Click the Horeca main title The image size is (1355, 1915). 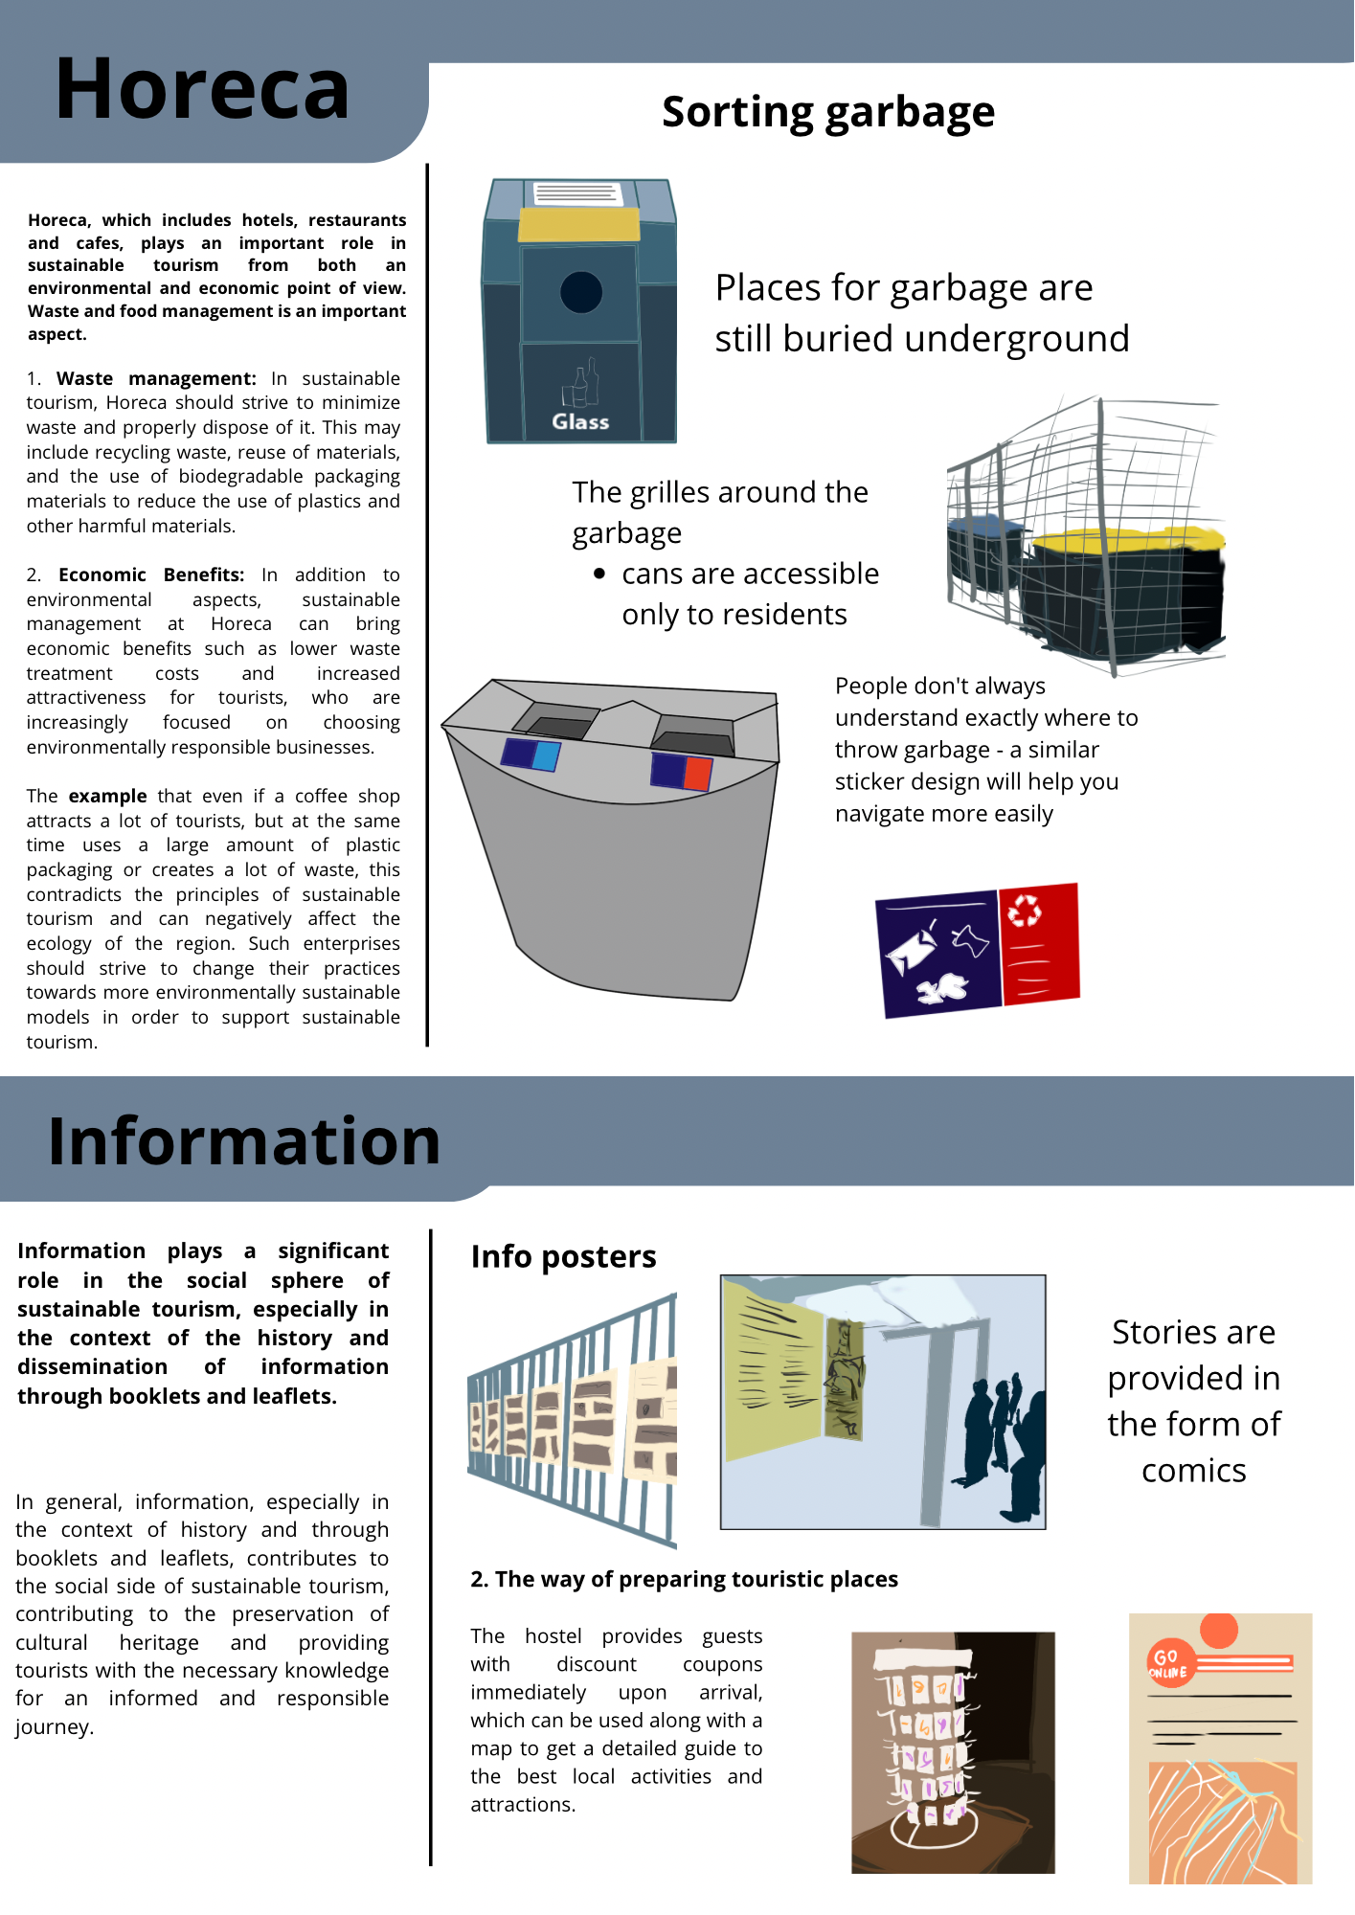click(202, 89)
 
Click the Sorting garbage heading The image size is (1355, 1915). click(828, 112)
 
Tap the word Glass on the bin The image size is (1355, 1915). click(580, 421)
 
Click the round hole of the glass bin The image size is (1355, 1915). click(580, 292)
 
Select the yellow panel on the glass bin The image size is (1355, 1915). click(578, 225)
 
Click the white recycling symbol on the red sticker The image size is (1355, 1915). click(1026, 910)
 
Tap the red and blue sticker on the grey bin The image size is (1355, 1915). click(682, 771)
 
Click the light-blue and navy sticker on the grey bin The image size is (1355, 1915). click(531, 755)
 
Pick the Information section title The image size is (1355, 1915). click(244, 1141)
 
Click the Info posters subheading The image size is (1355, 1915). click(563, 1256)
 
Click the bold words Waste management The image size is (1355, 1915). click(156, 378)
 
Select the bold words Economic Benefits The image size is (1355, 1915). click(151, 574)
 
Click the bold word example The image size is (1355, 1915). click(107, 796)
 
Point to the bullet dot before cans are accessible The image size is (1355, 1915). click(599, 574)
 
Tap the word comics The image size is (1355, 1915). click(1193, 1470)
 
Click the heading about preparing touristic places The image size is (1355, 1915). click(684, 1579)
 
